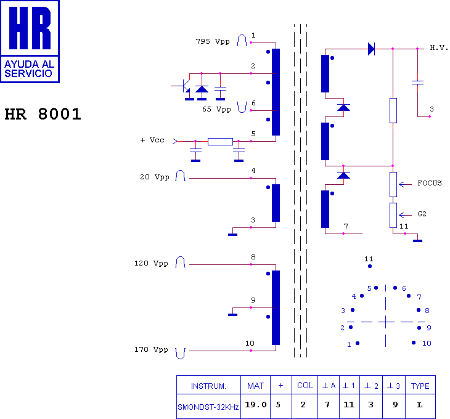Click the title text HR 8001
(43, 115)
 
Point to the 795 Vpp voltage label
(212, 42)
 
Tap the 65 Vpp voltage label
(216, 109)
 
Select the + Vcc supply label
(152, 140)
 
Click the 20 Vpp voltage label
(154, 177)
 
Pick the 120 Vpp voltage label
(151, 263)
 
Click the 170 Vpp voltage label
(151, 349)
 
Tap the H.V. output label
(439, 47)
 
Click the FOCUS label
(429, 183)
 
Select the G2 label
(422, 214)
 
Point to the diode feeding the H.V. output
(371, 48)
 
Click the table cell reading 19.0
(256, 405)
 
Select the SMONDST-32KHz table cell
(208, 407)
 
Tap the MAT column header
(255, 386)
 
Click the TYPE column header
(420, 386)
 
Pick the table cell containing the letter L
(420, 405)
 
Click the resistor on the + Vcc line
(220, 141)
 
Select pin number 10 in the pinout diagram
(426, 343)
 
